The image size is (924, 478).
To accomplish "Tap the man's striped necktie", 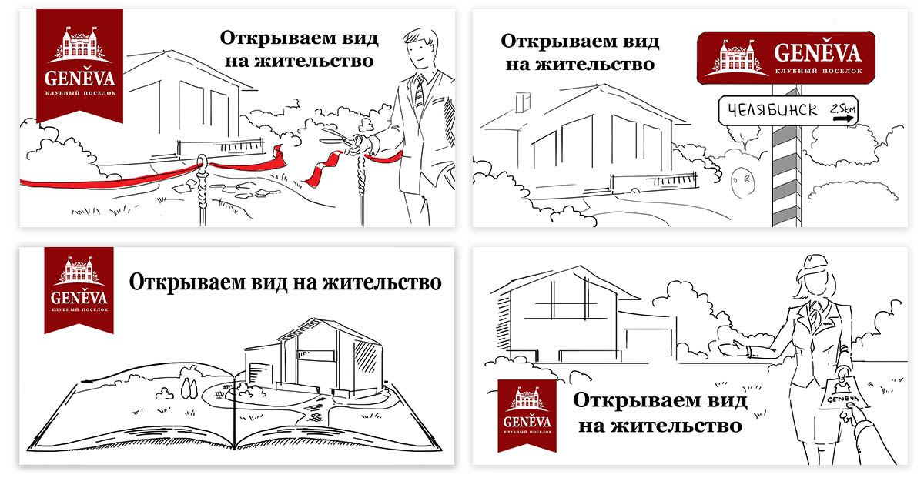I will pyautogui.click(x=419, y=92).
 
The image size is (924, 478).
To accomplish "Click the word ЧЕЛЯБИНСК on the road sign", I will pyautogui.click(x=768, y=110).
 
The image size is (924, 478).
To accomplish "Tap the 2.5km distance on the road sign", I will pyautogui.click(x=842, y=110).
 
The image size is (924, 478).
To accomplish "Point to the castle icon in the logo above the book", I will pyautogui.click(x=79, y=271).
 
